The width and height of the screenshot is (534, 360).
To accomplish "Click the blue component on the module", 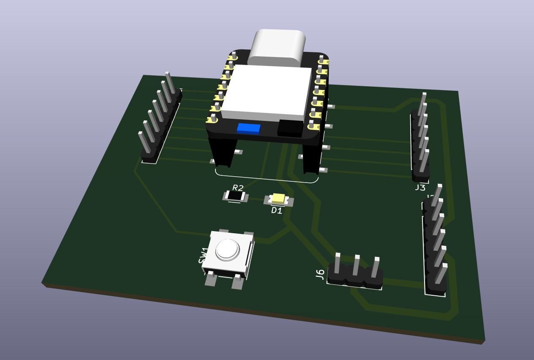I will (248, 128).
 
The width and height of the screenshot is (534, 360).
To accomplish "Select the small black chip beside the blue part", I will (290, 128).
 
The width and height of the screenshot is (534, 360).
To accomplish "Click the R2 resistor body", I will (235, 196).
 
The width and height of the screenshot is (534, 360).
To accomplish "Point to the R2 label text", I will (238, 188).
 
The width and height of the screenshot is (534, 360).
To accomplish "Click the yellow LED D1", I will (279, 198).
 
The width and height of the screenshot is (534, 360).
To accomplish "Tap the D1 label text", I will (277, 210).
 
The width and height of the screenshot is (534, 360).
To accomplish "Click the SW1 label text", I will (203, 255).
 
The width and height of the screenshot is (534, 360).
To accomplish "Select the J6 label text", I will (320, 275).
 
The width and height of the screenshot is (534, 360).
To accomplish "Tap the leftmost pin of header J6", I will (338, 264).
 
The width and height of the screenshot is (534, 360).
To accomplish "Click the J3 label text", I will (420, 188).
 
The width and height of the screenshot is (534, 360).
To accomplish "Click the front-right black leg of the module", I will (311, 158).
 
